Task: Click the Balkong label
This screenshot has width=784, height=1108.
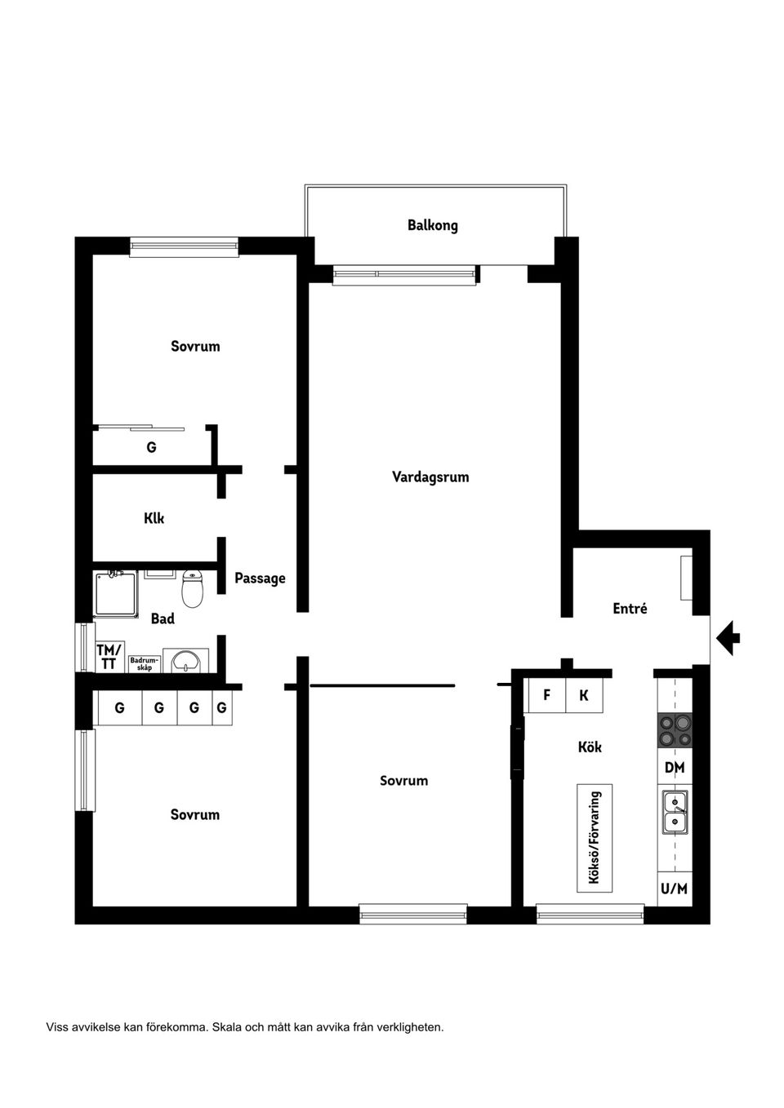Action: click(x=432, y=225)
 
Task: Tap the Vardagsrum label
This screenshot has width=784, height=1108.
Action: click(x=430, y=476)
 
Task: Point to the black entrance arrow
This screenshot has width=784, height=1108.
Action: click(x=728, y=638)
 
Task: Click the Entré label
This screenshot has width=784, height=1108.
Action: click(x=630, y=608)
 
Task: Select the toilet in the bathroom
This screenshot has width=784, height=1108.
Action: click(x=192, y=588)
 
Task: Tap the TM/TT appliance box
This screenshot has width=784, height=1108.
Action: click(x=109, y=656)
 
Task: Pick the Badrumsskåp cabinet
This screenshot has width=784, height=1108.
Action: click(x=145, y=664)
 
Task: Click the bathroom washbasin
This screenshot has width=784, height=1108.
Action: click(x=185, y=660)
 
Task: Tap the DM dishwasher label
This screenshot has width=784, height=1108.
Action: click(x=675, y=767)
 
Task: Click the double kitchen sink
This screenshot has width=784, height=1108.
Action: click(x=675, y=812)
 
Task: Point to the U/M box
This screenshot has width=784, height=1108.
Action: click(x=675, y=889)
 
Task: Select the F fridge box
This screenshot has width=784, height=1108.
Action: click(x=547, y=695)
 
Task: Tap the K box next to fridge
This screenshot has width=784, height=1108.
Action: click(x=584, y=695)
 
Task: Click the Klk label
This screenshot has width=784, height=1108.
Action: click(x=154, y=518)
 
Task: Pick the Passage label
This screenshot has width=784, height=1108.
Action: click(x=260, y=578)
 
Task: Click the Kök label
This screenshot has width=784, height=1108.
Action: click(x=590, y=747)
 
